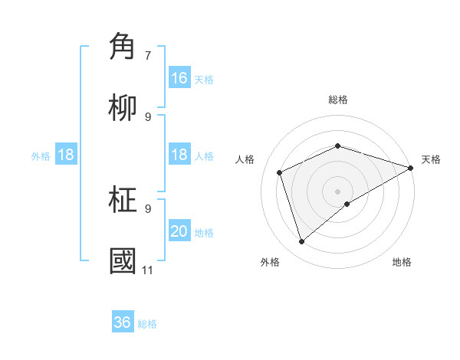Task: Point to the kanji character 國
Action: coord(123,261)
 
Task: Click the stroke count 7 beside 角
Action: coord(148,55)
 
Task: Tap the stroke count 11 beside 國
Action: coord(147,270)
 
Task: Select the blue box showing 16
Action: coord(179,77)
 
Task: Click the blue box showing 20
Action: coord(179,231)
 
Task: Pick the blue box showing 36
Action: coord(123,322)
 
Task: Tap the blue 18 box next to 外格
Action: coord(66,155)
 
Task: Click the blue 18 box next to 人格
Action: coord(179,155)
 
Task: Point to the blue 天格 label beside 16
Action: coord(204,79)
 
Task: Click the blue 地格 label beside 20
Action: coord(204,233)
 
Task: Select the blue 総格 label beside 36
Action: coord(147,324)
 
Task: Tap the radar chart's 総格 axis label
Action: coord(338,100)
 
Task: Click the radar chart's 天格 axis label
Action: coord(431,159)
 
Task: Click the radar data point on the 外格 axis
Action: coord(301,242)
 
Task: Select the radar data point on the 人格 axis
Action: coord(280,172)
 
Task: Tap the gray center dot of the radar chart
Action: coord(338,191)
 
